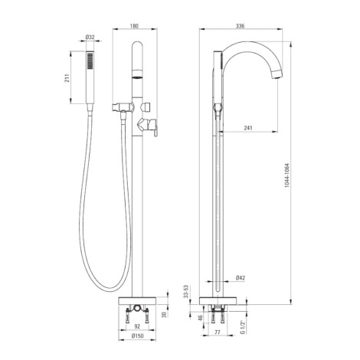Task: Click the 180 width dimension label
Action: click(134, 26)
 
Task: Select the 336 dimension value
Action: click(241, 26)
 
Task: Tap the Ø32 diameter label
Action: click(90, 38)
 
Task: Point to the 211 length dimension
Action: click(67, 78)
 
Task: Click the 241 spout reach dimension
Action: click(248, 128)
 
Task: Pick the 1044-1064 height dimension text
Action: click(287, 175)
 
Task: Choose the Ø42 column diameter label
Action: click(241, 278)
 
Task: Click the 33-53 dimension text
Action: click(186, 291)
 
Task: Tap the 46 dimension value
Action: click(201, 318)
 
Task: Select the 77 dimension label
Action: click(218, 332)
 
